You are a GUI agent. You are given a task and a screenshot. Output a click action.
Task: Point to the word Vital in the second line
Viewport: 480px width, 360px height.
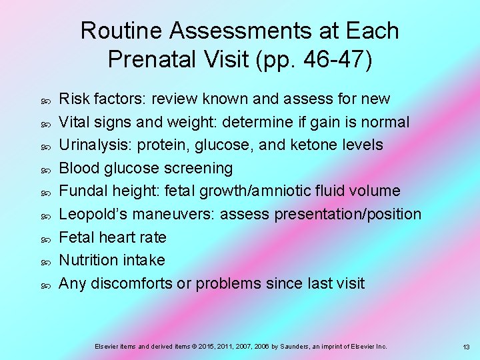(x=75, y=122)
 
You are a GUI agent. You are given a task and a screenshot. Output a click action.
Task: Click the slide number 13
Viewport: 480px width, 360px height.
(x=467, y=347)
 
